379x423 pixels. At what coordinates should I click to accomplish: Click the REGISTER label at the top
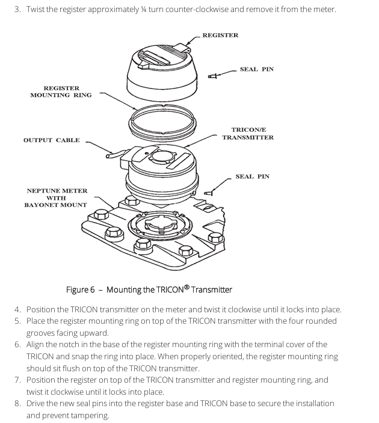click(x=220, y=36)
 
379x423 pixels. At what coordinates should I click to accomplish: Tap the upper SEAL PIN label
click(x=256, y=69)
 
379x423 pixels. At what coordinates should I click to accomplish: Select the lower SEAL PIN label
click(x=252, y=176)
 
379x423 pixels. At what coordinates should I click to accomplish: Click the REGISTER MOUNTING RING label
click(x=61, y=91)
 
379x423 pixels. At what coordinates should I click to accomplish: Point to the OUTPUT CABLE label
click(x=51, y=140)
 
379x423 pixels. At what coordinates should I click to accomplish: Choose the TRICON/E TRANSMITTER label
click(x=248, y=134)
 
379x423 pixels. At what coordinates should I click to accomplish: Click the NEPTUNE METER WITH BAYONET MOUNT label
click(x=56, y=198)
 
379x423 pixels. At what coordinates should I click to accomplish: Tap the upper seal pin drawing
click(x=212, y=75)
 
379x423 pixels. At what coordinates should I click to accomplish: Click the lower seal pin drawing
click(x=209, y=194)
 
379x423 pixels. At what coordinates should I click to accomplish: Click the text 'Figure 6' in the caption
click(x=80, y=290)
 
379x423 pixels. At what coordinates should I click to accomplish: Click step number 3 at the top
click(x=17, y=10)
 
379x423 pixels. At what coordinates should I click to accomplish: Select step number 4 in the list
click(x=17, y=310)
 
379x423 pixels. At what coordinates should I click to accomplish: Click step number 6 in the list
click(x=17, y=345)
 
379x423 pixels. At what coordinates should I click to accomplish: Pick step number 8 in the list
click(x=17, y=403)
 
